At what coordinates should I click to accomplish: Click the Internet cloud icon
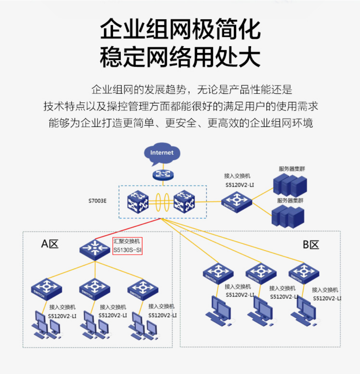pyautogui.click(x=162, y=153)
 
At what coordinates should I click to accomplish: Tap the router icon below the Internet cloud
pyautogui.click(x=162, y=174)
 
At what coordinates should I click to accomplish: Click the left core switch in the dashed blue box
pyautogui.click(x=137, y=202)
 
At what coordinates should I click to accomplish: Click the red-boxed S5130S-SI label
pyautogui.click(x=128, y=246)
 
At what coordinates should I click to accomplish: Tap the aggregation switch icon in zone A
pyautogui.click(x=95, y=248)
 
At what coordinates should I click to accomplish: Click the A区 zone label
pyautogui.click(x=50, y=244)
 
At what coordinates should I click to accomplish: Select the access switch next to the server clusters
pyautogui.click(x=237, y=200)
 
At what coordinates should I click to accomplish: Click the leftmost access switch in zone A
pyautogui.click(x=46, y=289)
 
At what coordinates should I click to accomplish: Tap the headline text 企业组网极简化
pyautogui.click(x=180, y=30)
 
